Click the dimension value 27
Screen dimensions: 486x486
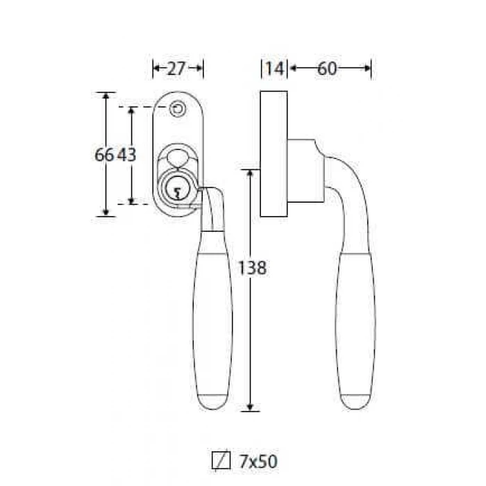coord(176,69)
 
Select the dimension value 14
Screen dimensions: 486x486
coord(275,69)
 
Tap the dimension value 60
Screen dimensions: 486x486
coord(327,69)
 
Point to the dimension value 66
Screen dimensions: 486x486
coord(104,154)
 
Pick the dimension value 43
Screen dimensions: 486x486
coord(126,154)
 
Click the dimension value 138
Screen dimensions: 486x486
coord(251,268)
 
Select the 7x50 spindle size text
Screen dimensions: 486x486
coord(258,462)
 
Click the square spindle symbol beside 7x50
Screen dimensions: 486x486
coord(221,461)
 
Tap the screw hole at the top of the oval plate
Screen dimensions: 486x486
coord(178,109)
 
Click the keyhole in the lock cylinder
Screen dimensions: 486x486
coord(177,193)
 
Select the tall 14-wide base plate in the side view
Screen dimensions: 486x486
coord(274,153)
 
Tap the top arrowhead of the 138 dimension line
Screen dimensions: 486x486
coord(250,173)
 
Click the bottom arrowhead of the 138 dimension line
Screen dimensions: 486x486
coord(250,408)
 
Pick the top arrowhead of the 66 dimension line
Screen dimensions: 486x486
coord(106,96)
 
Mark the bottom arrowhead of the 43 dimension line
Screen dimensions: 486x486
coord(131,201)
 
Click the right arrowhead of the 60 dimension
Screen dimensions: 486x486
coord(367,68)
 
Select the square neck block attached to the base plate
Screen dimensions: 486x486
coord(305,171)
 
